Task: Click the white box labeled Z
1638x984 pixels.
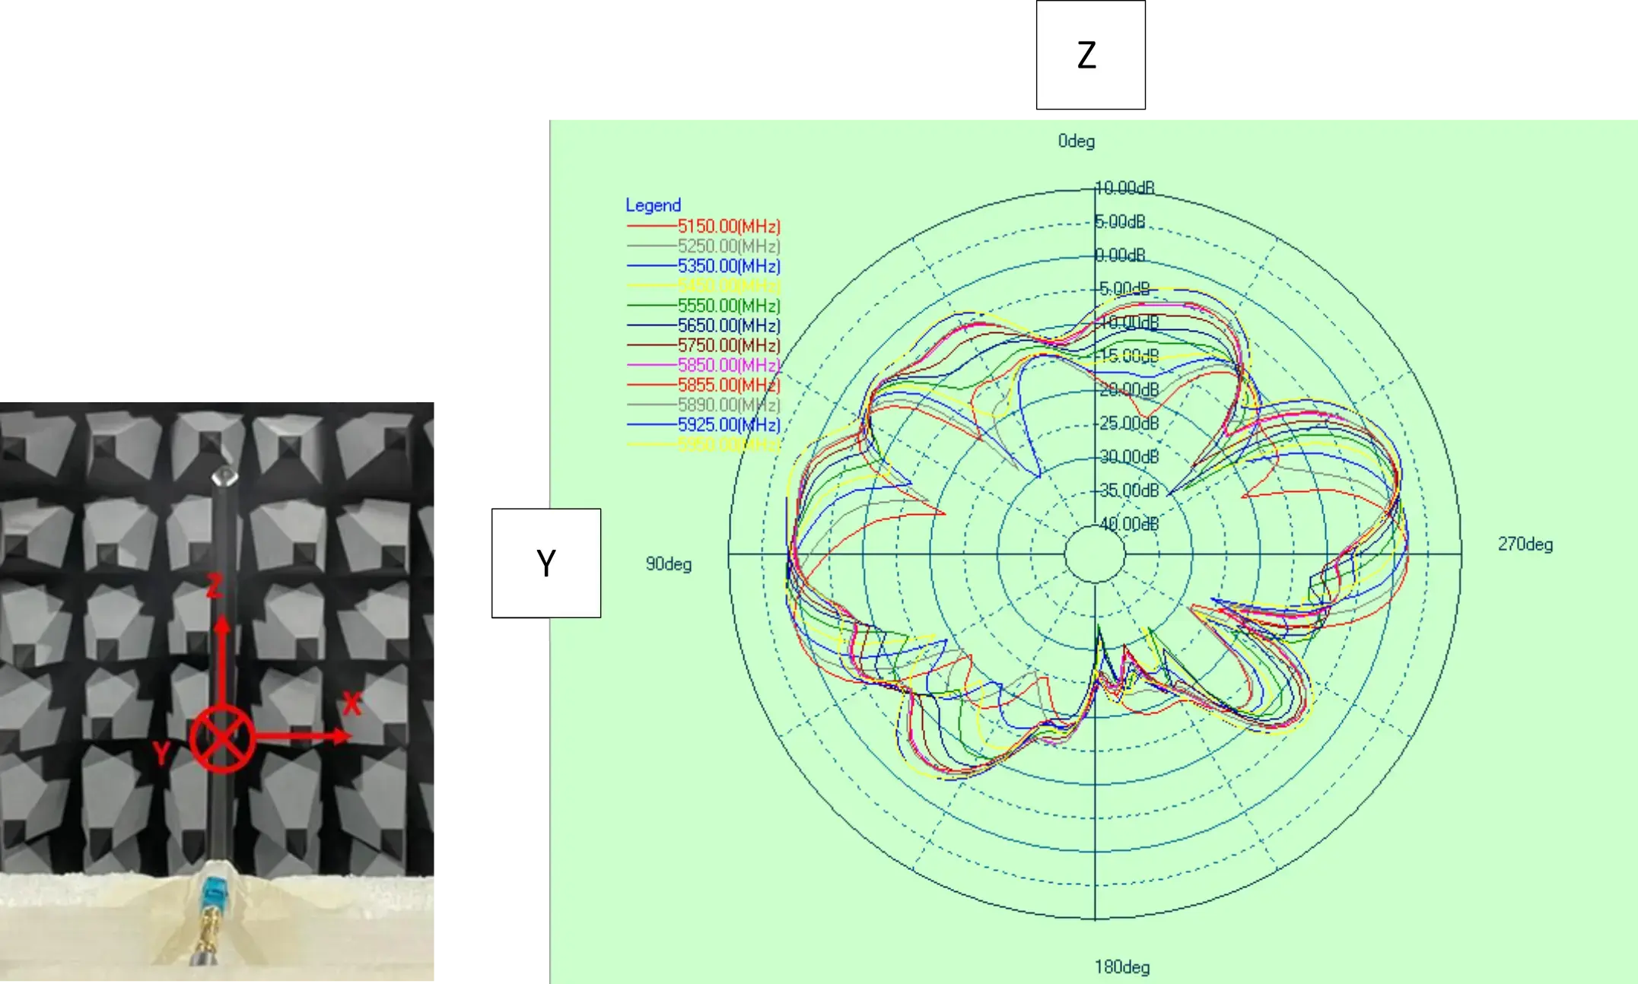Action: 1090,55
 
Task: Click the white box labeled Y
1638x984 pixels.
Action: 545,563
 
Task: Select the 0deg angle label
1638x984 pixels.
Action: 1076,141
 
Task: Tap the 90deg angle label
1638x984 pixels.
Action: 668,564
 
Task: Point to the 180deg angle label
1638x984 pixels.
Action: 1121,967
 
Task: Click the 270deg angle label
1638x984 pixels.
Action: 1525,544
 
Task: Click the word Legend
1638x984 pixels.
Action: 653,205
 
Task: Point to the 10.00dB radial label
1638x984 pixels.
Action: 1124,188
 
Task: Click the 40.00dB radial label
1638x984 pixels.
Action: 1129,524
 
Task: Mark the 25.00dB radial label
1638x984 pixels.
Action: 1129,423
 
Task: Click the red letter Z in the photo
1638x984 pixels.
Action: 215,586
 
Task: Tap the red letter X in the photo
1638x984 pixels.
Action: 351,703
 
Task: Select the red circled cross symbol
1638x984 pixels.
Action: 221,738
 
